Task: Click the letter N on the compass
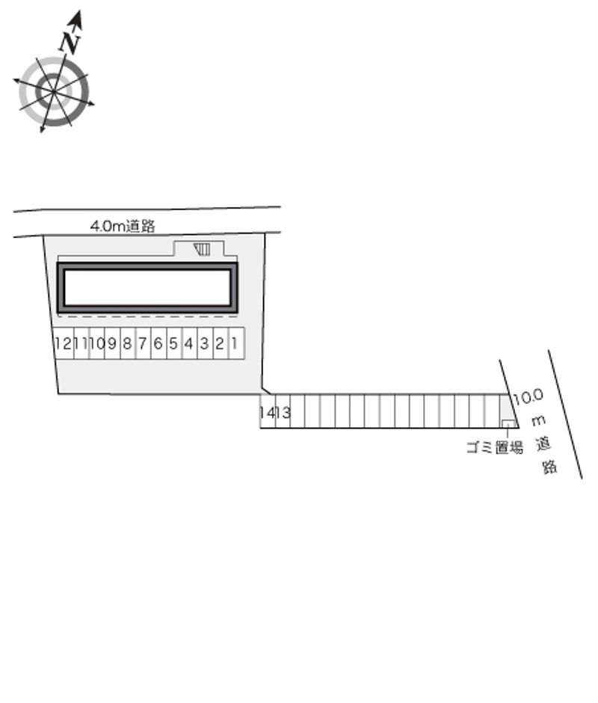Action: [70, 42]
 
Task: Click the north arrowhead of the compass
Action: [75, 18]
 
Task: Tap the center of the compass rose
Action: [54, 91]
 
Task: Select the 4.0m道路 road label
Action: [123, 226]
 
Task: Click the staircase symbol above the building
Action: [202, 249]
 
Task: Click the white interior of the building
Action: [147, 287]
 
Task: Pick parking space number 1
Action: [237, 343]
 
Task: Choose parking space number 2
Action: [221, 343]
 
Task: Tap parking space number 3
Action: [206, 343]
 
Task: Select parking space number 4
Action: [190, 343]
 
